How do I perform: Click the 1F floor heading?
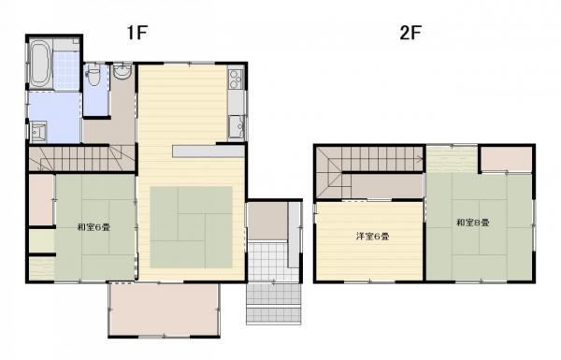pos(137,33)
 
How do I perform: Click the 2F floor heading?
pos(410,33)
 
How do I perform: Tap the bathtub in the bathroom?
pos(39,65)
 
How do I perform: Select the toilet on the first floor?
pos(93,76)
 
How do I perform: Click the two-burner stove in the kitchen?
pos(236,79)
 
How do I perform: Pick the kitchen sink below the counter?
pos(237,126)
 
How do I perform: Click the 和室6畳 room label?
pos(93,227)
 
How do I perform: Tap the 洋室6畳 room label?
pos(372,237)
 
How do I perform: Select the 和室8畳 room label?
pos(472,223)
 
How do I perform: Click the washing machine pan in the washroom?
pos(38,131)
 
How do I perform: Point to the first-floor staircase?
pos(81,158)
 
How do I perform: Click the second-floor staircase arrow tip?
pos(423,157)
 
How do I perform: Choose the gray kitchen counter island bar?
pos(208,151)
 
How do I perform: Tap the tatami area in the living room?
pos(191,227)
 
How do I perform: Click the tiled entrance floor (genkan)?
pos(268,262)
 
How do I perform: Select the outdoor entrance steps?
pos(274,304)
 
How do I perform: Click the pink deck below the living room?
pos(164,310)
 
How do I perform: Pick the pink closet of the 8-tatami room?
pos(506,158)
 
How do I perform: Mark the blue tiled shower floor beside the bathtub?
pos(65,70)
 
